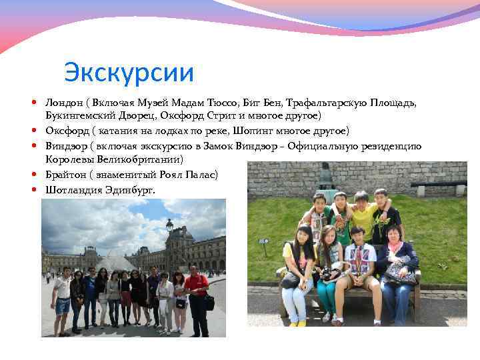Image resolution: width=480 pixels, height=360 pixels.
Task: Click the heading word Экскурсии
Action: tap(129, 72)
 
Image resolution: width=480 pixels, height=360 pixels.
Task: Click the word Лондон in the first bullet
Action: tap(63, 102)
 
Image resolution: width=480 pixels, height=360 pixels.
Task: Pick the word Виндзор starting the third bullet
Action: tap(65, 145)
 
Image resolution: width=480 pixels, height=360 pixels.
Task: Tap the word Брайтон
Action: tap(66, 175)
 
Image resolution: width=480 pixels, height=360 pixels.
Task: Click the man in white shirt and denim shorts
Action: tap(63, 297)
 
